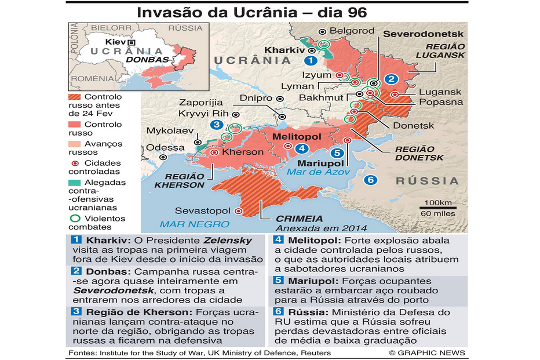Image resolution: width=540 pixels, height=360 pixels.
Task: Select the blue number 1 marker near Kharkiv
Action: (311, 60)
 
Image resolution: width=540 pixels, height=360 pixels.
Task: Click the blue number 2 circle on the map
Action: (391, 80)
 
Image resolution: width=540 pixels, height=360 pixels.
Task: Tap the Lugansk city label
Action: (440, 92)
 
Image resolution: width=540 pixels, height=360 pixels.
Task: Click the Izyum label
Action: (316, 75)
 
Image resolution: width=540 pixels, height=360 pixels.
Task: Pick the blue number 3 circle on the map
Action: (216, 124)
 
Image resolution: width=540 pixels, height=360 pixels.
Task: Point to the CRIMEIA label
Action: (299, 219)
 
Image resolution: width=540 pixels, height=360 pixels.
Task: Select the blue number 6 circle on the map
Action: (371, 180)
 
